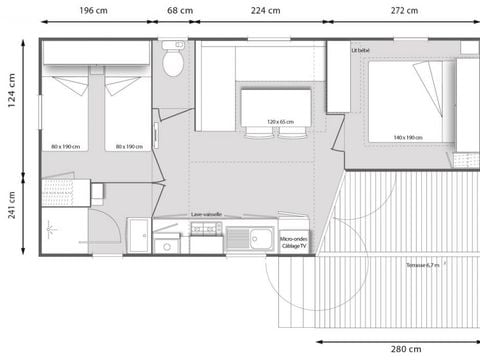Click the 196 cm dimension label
(x=96, y=12)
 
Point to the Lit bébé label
(x=360, y=49)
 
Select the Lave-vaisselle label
(x=207, y=214)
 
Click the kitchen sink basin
(x=261, y=239)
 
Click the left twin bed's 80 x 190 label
(x=68, y=146)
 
